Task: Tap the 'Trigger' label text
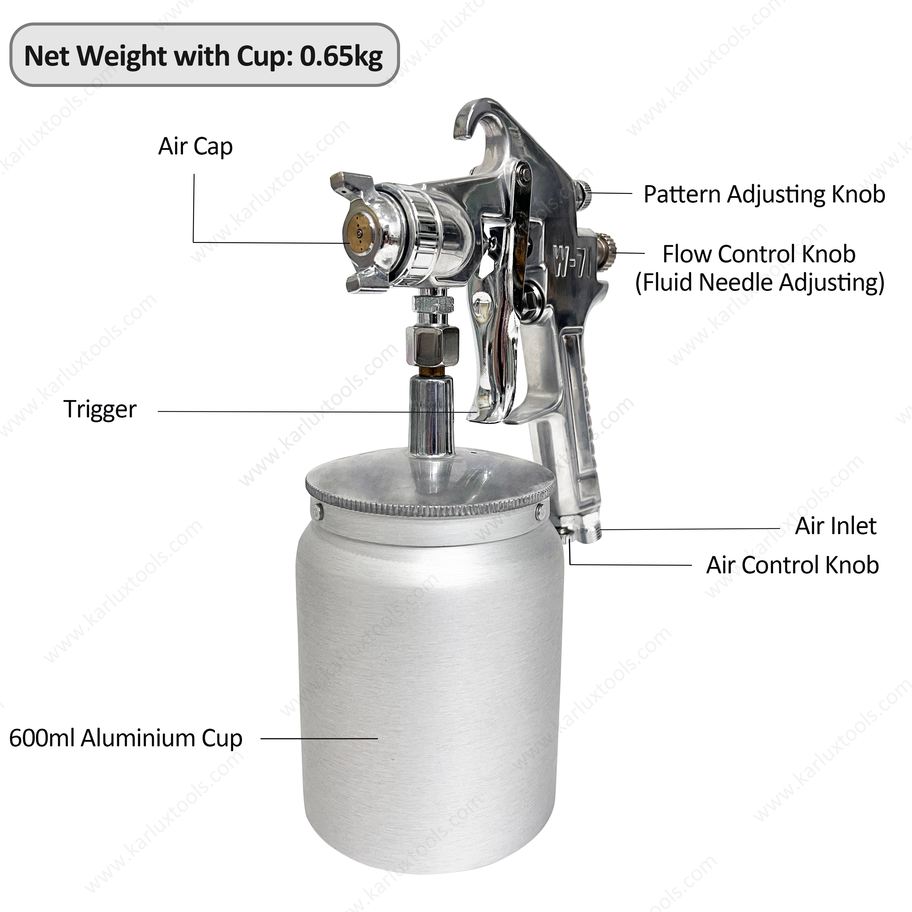coord(100,409)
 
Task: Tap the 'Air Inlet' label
coord(835,526)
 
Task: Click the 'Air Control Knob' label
coord(793,565)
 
